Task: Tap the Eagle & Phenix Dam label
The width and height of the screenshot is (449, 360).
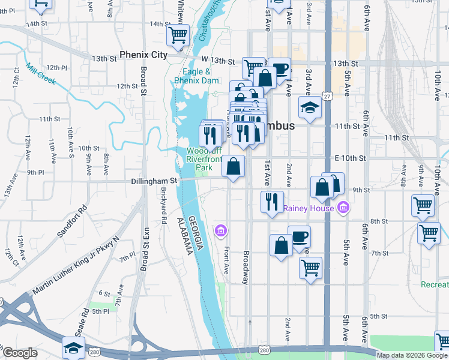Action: [x=196, y=76]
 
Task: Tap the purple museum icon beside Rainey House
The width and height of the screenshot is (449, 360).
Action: [x=343, y=208]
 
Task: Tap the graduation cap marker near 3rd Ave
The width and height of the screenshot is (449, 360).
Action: [x=310, y=108]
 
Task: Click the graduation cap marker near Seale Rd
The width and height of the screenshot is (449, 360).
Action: [x=73, y=347]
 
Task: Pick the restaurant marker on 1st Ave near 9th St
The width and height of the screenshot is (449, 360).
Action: [x=273, y=201]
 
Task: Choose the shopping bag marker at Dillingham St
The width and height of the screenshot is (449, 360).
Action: [x=233, y=166]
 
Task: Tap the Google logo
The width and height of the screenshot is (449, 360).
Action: [x=20, y=353]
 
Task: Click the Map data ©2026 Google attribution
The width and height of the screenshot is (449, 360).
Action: [x=411, y=355]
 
